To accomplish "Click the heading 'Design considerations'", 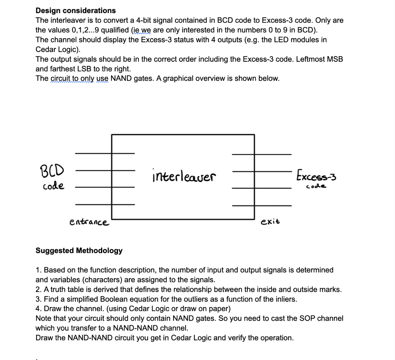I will (76, 10).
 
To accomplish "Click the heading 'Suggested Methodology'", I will (79, 250).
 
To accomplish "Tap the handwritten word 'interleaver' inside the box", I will (184, 177).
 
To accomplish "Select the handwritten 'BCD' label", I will (52, 170).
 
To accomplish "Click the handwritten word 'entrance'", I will (89, 222).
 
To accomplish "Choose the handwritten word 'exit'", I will (270, 222).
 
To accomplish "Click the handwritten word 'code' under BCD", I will (53, 186).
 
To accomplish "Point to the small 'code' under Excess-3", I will (316, 187).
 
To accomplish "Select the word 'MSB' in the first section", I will (334, 59).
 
